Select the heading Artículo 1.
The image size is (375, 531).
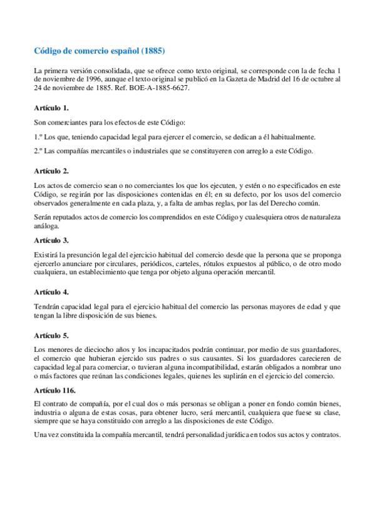[x=51, y=108]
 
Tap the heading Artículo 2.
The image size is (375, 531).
[x=51, y=170]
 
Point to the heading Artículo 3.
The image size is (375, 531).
[x=51, y=240]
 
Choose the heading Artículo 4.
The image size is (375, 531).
[x=51, y=292]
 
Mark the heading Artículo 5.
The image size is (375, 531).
[x=51, y=334]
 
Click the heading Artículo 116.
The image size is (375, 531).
[x=56, y=389]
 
